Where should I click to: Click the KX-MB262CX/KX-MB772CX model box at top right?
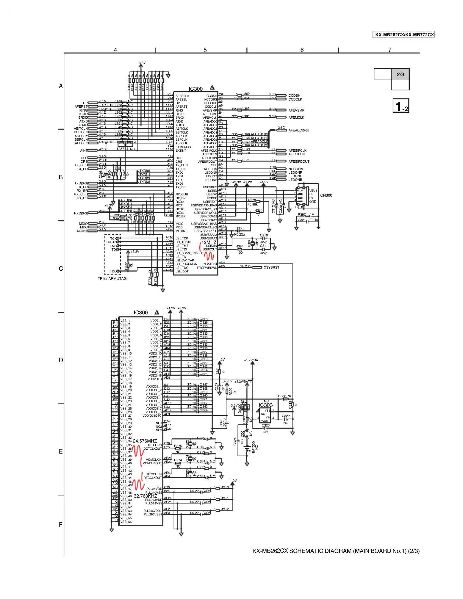(403, 35)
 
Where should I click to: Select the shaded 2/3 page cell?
(400, 74)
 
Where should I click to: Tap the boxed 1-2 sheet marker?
(401, 106)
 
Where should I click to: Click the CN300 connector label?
(326, 195)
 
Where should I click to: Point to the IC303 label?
(265, 405)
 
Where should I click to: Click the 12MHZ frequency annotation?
(209, 242)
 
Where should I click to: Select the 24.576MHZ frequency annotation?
(145, 441)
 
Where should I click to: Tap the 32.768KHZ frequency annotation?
(145, 496)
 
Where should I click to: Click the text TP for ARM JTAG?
(112, 279)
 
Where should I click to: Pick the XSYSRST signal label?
(271, 267)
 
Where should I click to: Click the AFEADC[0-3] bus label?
(298, 130)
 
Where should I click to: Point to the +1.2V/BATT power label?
(253, 360)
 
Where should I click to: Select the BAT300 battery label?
(254, 447)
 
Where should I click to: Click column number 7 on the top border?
(390, 50)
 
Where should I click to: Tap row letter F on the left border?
(61, 525)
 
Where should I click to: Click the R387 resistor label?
(302, 215)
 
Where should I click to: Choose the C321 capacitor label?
(302, 220)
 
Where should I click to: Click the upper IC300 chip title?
(195, 89)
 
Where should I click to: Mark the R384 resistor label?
(240, 246)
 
